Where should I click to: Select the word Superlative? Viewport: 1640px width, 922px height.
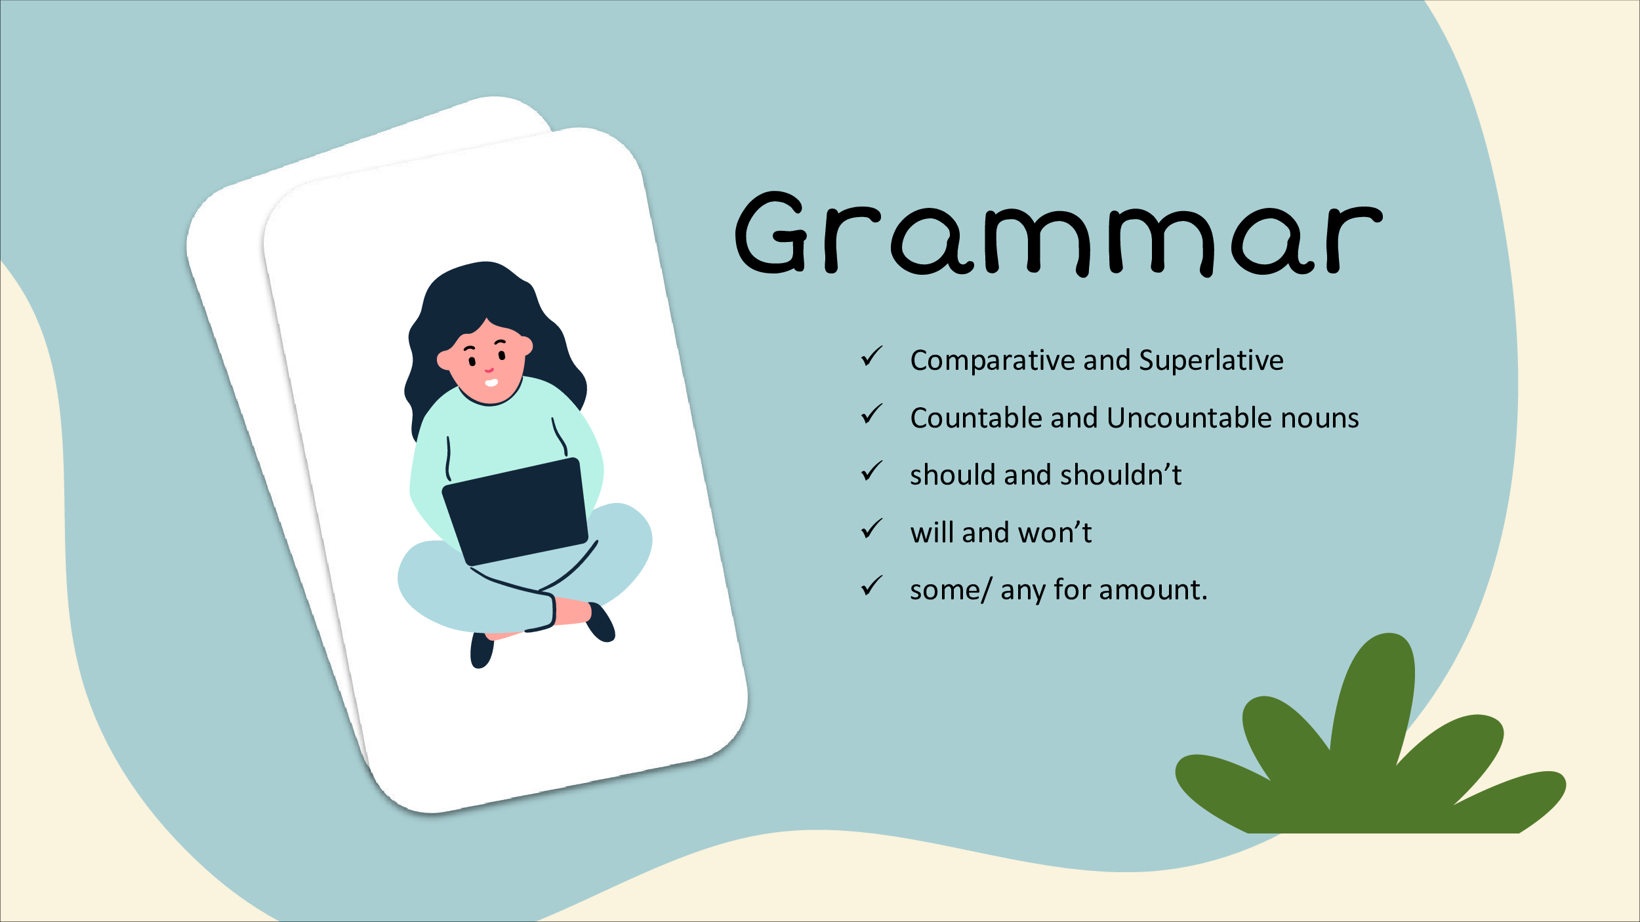[x=1211, y=360]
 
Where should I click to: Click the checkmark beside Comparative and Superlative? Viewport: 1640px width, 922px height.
[x=872, y=357]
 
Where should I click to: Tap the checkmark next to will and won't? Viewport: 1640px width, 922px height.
[x=872, y=529]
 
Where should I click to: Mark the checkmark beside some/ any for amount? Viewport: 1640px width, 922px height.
[x=872, y=586]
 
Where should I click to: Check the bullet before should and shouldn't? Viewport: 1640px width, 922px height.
[x=872, y=471]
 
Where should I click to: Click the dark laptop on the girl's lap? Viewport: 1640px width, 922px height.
[x=516, y=511]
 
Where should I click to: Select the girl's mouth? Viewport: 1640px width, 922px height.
[x=491, y=383]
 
